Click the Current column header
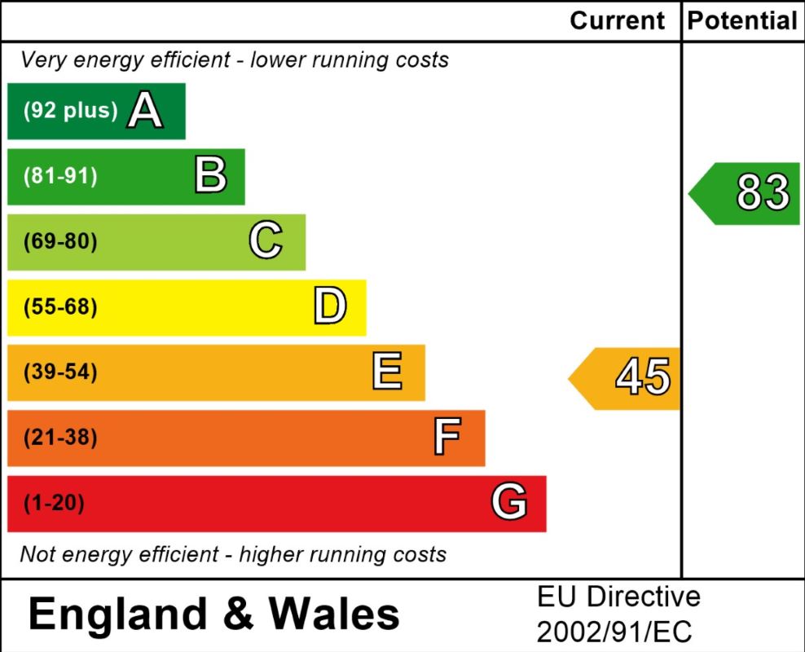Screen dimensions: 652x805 coord(618,20)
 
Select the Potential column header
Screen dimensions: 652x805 coord(742,20)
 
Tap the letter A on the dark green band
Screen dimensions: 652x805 coord(145,111)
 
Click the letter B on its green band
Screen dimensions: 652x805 coord(210,176)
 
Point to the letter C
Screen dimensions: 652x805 coord(266,241)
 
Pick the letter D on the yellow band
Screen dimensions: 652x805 coord(330,307)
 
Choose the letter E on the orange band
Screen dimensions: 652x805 coord(387,372)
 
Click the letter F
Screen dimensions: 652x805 coord(447,438)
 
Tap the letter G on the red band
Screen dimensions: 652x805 coord(509,503)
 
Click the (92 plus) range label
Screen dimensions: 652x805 coord(71,111)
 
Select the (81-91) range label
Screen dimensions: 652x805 coord(60,176)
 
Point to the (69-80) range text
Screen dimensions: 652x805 coord(60,242)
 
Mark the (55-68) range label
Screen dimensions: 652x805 coord(60,307)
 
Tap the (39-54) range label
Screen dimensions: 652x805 coord(60,372)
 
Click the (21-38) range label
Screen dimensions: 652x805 coord(60,438)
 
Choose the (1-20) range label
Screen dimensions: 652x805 coord(54,503)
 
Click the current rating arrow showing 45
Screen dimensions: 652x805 coord(627,377)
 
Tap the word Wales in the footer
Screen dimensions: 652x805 coord(334,615)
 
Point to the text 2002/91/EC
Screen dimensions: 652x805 coord(614,632)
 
